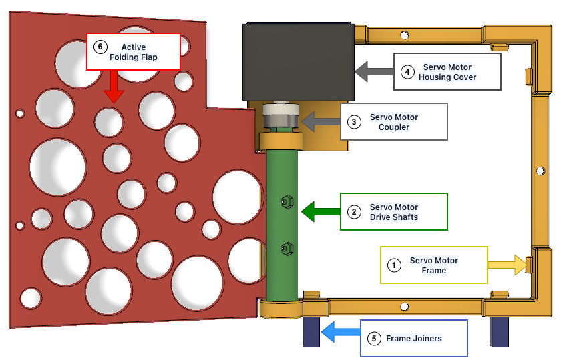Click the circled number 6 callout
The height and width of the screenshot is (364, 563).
click(101, 47)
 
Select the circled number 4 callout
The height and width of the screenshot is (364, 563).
click(408, 71)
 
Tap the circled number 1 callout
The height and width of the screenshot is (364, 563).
click(395, 265)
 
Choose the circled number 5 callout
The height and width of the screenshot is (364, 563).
click(374, 339)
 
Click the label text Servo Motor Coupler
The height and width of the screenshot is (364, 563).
click(394, 122)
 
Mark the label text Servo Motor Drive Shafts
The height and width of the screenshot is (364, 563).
click(394, 212)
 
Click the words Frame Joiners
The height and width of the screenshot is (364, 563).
click(414, 339)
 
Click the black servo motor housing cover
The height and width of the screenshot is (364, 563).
click(298, 60)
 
